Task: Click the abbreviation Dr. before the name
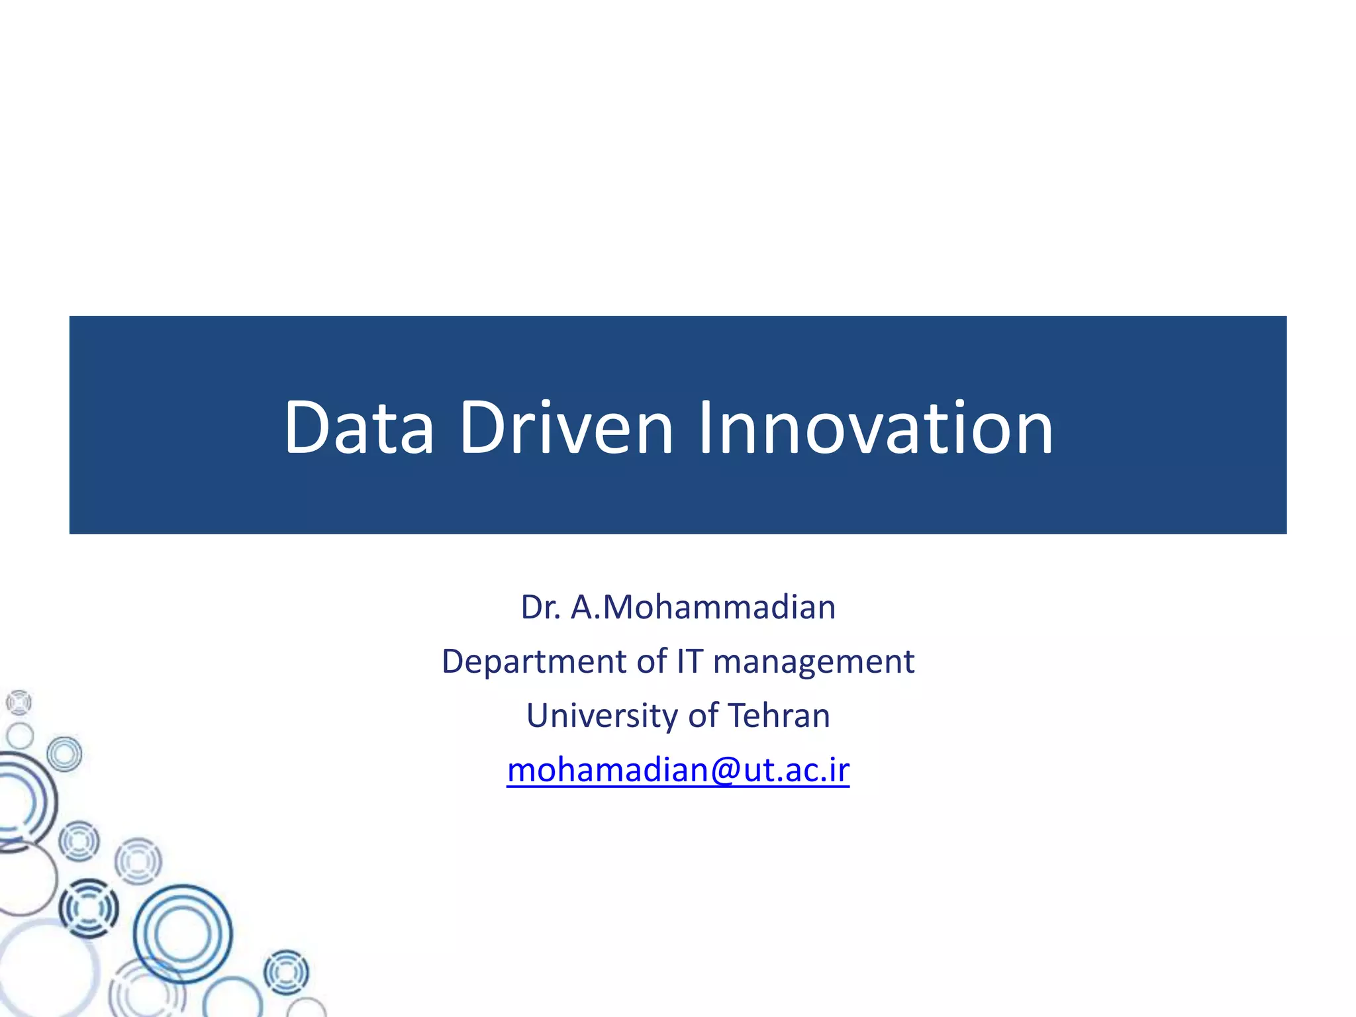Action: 540,607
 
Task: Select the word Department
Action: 533,661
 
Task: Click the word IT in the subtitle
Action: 689,661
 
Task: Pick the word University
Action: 602,716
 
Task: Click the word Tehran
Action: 779,716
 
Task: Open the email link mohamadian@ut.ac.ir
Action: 678,770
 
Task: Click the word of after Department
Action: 652,661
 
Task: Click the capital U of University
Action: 538,716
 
